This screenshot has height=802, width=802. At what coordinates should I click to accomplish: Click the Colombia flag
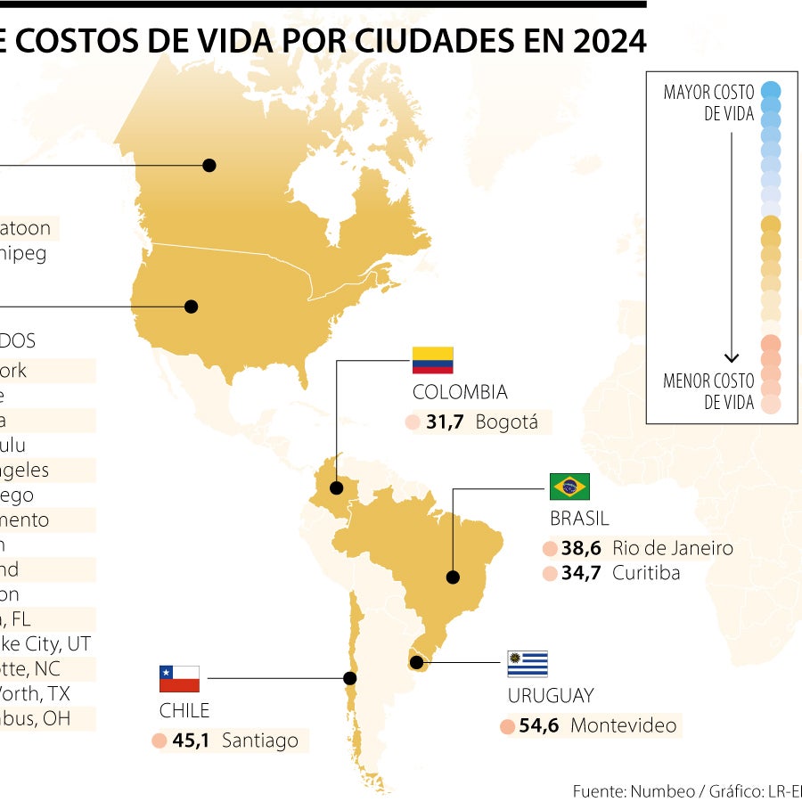pos(432,360)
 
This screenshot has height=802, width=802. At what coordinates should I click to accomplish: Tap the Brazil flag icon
pos(569,487)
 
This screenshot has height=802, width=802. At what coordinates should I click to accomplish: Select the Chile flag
pos(179,678)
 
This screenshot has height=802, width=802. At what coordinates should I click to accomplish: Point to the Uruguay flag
pos(528,664)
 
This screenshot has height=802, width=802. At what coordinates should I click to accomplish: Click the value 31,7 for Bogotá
pos(445,422)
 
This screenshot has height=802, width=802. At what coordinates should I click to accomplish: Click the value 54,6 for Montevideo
pos(539,725)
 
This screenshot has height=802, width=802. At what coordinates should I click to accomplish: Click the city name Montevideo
pos(623,725)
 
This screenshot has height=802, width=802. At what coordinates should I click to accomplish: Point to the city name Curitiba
pos(646,573)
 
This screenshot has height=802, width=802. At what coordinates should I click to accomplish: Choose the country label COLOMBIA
pos(460,392)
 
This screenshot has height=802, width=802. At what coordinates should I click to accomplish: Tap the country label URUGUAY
pos(551,696)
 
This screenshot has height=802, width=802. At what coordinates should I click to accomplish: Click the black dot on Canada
pos(209,165)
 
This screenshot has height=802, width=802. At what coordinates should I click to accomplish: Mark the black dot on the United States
pos(191,307)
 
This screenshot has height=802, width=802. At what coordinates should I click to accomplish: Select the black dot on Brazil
pos(453,577)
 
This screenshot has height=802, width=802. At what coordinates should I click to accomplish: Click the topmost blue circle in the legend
pos(771,90)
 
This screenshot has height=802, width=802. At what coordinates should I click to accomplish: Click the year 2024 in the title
pos(603,41)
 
